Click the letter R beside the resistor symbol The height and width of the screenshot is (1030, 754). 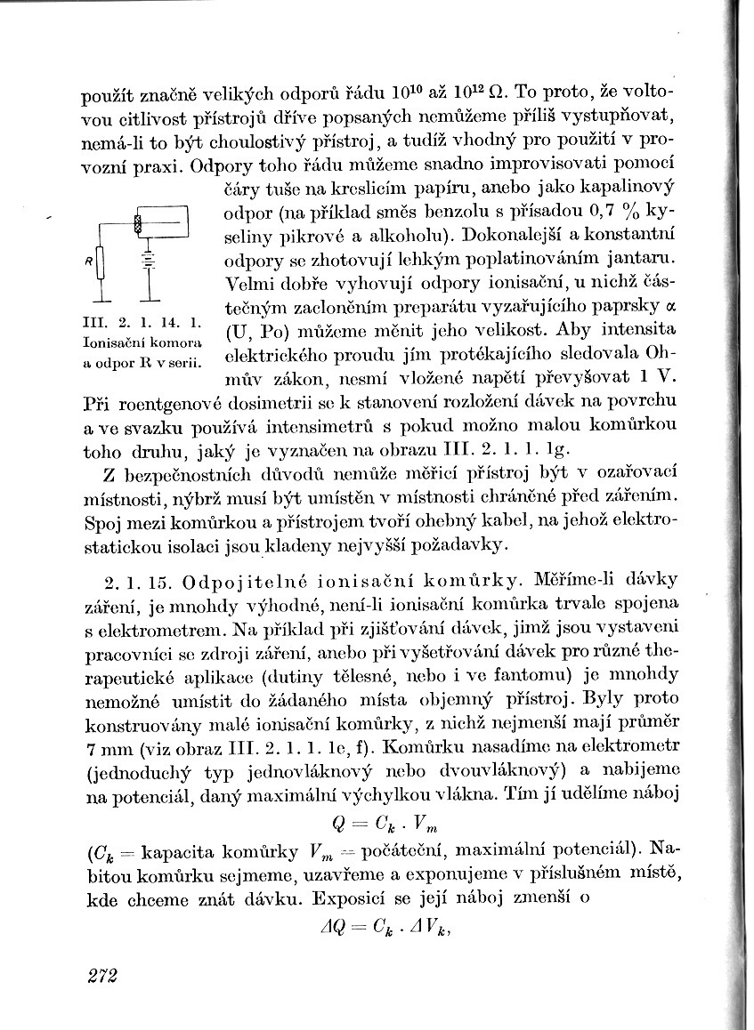coord(88,262)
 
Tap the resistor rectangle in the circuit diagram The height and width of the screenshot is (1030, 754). coord(102,263)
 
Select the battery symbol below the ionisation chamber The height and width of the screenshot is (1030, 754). coord(149,258)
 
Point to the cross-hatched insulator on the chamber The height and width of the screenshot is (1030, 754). coord(138,222)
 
